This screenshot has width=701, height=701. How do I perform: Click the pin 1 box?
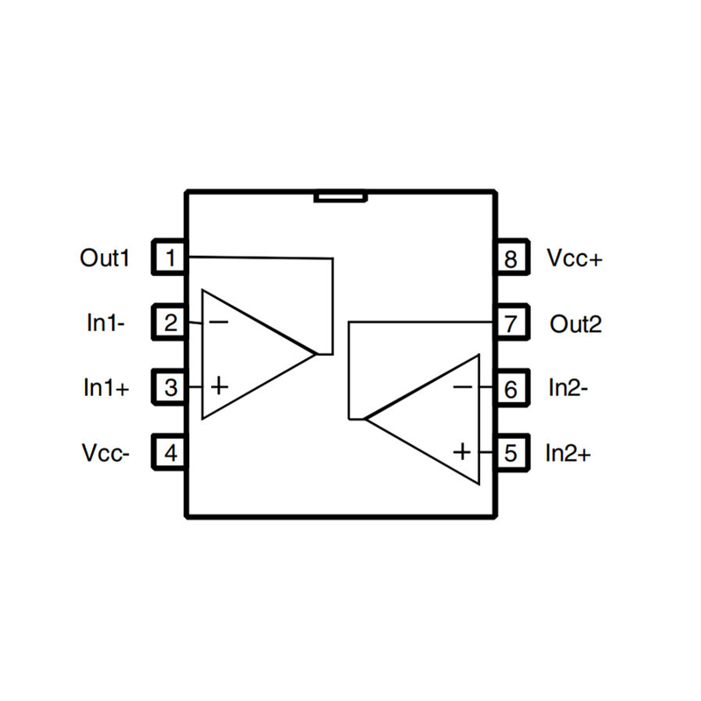tap(171, 258)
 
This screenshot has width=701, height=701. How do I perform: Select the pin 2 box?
tap(171, 322)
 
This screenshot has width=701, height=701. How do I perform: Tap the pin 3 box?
tap(171, 386)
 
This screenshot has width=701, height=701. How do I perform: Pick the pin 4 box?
tap(171, 453)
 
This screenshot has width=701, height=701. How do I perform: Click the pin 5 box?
tap(512, 453)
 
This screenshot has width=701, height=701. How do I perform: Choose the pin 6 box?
tap(512, 386)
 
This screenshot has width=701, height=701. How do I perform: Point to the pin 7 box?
tap(512, 322)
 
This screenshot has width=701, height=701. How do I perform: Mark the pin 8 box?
tap(512, 258)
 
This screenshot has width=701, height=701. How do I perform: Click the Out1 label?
tap(104, 258)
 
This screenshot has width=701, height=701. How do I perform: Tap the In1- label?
tap(105, 322)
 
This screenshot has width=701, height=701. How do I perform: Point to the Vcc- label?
tap(106, 453)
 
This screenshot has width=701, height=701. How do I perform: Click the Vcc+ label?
tap(575, 258)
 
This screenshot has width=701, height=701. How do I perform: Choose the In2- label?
tap(568, 386)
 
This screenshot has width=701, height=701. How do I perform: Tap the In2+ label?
tap(570, 453)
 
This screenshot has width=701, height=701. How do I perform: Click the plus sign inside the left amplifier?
tap(220, 386)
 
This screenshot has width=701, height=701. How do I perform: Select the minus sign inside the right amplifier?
tap(464, 386)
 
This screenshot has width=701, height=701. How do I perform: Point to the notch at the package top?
tap(340, 196)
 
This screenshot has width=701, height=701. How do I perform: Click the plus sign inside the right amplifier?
tap(463, 451)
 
